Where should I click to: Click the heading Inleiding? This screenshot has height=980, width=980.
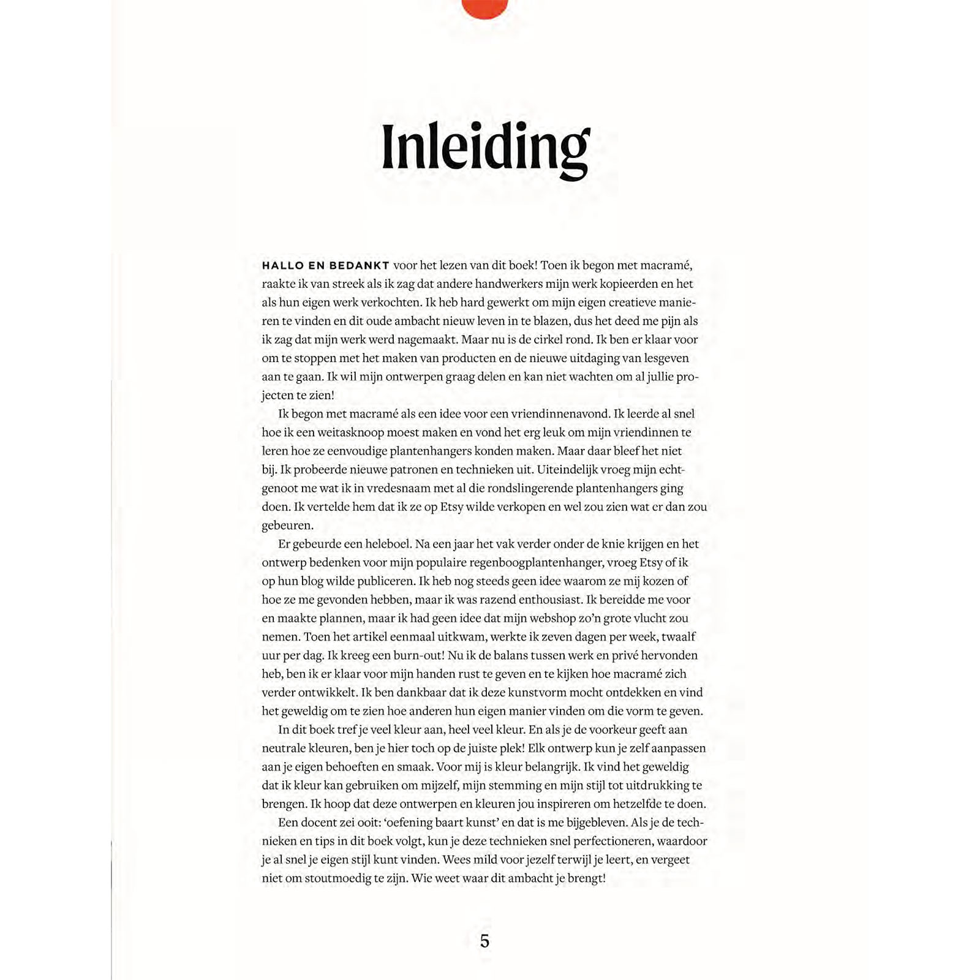[485, 149]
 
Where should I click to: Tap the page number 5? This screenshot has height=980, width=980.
[484, 941]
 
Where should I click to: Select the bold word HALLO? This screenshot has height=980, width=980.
[282, 266]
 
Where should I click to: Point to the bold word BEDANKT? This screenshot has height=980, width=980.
[360, 266]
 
